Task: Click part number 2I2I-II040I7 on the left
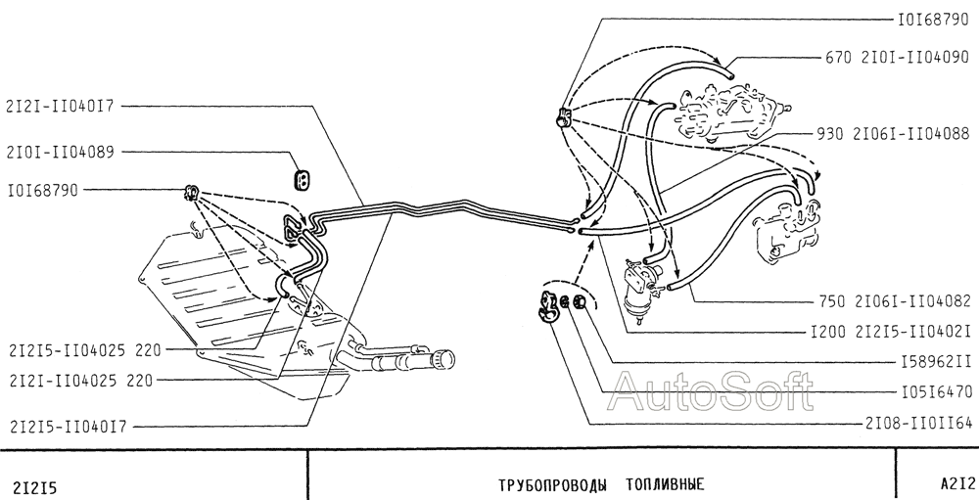pos(61,106)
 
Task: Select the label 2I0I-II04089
pos(61,153)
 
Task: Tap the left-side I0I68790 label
pos(43,191)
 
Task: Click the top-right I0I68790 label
pos(933,20)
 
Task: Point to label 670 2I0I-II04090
pos(897,58)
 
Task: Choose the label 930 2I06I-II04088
pos(892,134)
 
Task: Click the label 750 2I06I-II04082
pos(896,300)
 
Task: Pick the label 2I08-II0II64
pos(919,424)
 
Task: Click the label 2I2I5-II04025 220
pos(85,351)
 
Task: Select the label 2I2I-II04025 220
pos(81,381)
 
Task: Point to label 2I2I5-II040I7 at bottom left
pos(69,427)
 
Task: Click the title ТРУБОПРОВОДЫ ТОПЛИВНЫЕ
pos(601,485)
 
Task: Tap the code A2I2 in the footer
pos(957,483)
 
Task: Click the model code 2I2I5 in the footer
pos(34,487)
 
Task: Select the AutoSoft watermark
pos(712,391)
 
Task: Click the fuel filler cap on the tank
pos(445,359)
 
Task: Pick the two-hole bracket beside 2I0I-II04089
pos(303,179)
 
